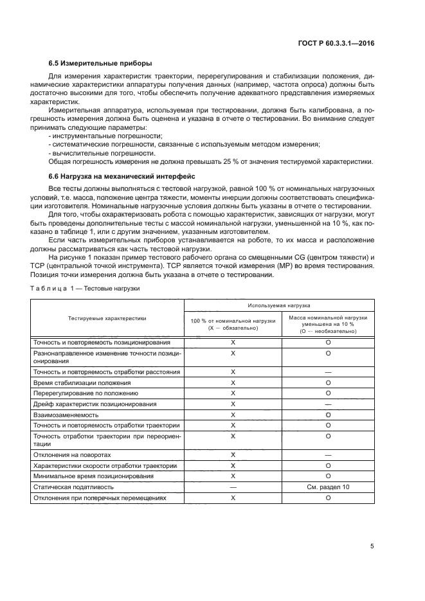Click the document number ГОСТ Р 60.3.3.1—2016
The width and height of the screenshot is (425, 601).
(x=345, y=40)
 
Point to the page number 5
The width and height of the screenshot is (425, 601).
(x=372, y=546)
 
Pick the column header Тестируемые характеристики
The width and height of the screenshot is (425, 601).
(x=107, y=318)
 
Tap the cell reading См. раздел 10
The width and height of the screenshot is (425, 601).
(x=328, y=488)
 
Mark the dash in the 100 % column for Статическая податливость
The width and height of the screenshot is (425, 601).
(x=233, y=488)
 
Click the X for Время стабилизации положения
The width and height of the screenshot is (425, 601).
(x=233, y=382)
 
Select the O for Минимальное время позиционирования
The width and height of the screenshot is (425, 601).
(x=328, y=476)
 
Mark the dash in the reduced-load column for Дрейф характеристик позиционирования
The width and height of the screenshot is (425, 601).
(x=328, y=404)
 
